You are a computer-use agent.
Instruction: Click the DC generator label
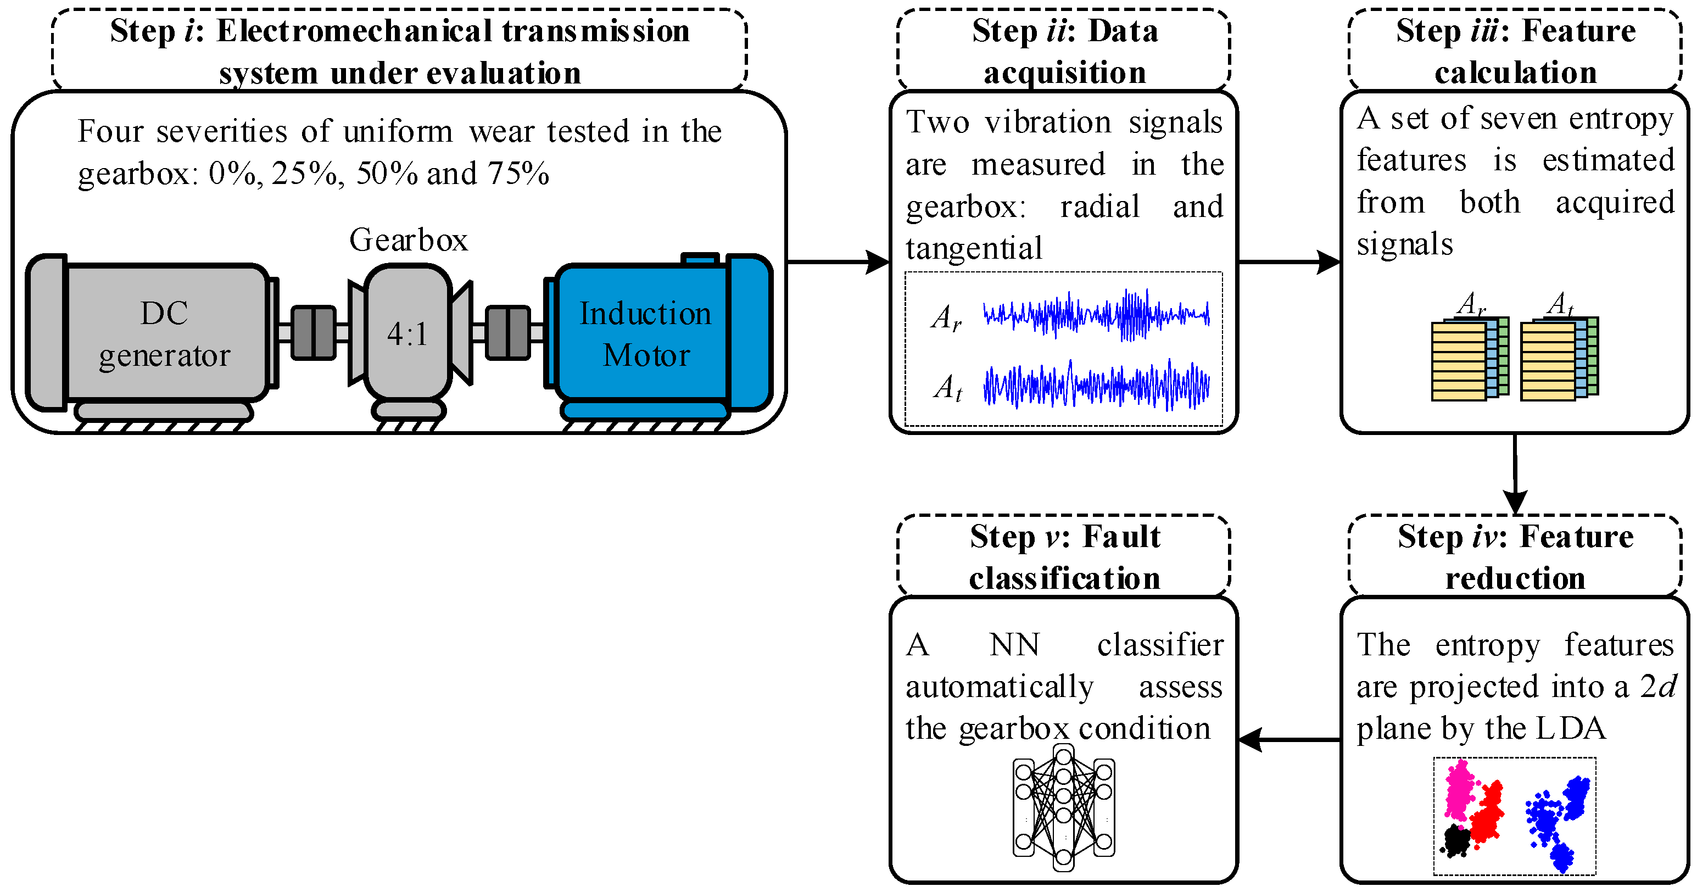pos(164,334)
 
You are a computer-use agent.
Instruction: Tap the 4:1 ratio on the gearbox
pos(407,335)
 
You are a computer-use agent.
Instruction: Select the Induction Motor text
pos(646,334)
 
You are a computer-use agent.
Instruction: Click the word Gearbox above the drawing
pos(408,240)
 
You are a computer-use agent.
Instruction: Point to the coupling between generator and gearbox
pos(314,333)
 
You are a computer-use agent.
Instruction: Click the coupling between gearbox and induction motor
pos(508,333)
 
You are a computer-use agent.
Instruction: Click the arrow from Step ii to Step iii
pos(1288,262)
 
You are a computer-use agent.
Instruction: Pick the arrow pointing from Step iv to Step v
pos(1288,740)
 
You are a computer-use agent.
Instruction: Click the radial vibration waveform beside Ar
pos(1096,315)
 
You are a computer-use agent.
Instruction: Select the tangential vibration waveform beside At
pos(1096,386)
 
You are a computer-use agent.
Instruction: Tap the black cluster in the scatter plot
pos(1456,840)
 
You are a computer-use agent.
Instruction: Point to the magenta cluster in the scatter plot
pos(1459,790)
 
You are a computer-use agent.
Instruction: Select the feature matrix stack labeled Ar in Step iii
pos(1469,359)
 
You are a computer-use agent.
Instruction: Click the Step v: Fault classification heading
pos(1064,557)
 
